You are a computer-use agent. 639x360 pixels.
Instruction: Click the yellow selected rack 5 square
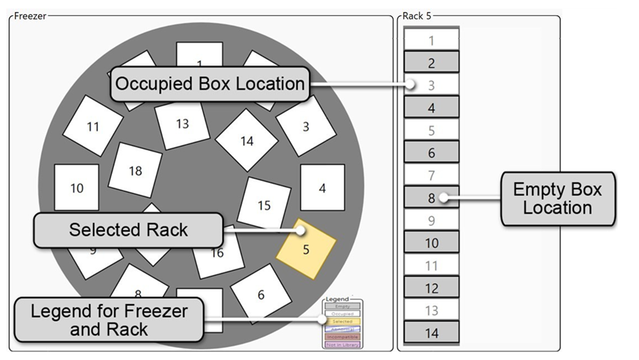point(306,248)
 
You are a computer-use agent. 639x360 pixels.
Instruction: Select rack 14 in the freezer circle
point(247,141)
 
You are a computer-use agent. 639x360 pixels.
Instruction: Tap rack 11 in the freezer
point(93,127)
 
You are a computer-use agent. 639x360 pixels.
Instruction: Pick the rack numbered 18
point(136,170)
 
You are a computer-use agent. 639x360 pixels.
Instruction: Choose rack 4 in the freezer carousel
point(322,187)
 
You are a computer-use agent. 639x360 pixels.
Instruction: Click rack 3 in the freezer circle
point(306,127)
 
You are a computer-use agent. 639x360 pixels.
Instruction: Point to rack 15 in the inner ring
point(264,204)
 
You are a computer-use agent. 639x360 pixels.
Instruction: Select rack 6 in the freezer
point(261,294)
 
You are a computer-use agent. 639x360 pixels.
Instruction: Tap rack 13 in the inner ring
point(182,124)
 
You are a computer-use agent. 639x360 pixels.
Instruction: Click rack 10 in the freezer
point(76,187)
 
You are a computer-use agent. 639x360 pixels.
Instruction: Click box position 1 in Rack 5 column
point(431,41)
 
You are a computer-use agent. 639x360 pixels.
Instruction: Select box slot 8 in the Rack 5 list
point(431,198)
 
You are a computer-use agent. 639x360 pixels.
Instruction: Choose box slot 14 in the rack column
point(431,333)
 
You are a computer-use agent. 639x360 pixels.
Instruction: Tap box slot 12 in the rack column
point(431,287)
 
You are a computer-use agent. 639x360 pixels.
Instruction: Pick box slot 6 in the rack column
point(431,152)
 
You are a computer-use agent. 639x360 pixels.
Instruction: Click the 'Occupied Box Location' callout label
point(210,84)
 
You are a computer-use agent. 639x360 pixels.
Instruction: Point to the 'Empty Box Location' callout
point(557,199)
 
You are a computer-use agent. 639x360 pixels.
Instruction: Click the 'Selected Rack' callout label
point(128,229)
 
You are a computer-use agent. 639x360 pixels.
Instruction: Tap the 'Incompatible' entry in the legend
point(343,336)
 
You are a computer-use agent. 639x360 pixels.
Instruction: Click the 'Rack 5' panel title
point(417,15)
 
